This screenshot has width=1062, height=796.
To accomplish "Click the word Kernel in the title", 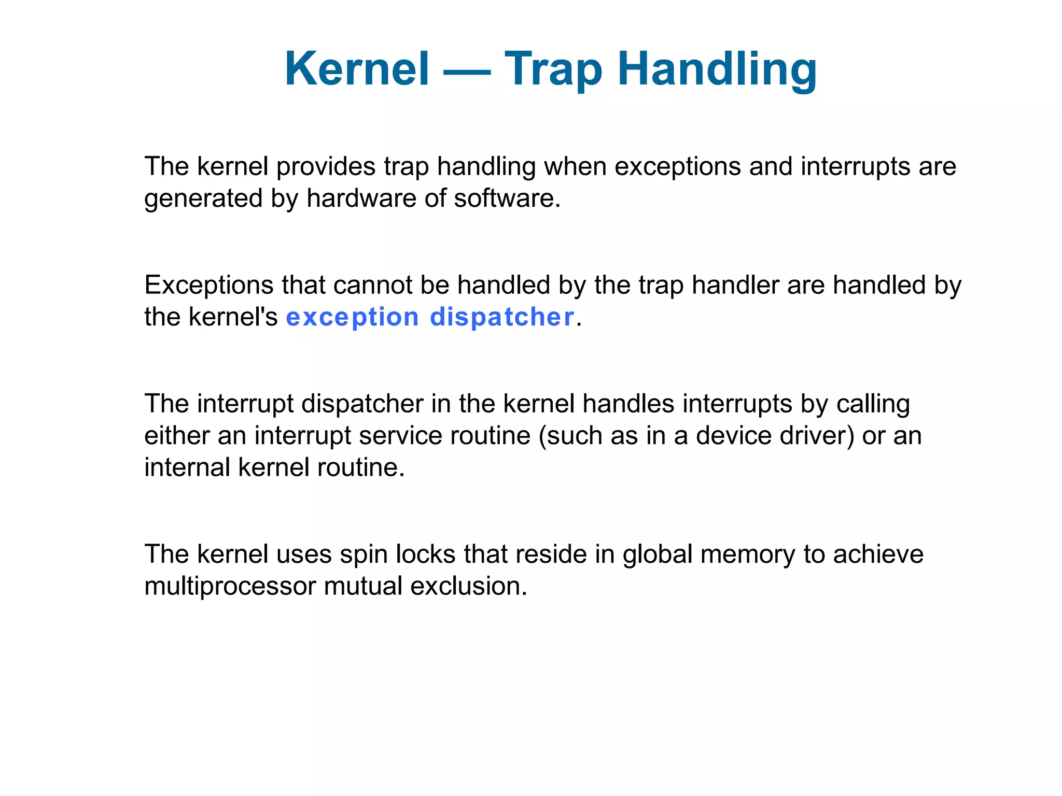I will [357, 69].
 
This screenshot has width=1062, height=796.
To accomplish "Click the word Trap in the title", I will [553, 69].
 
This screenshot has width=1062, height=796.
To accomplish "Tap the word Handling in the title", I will [717, 69].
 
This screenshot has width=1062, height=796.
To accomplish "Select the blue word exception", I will [352, 317].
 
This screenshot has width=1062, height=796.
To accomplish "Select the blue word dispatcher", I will [502, 317].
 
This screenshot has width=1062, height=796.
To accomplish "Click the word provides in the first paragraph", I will [326, 167].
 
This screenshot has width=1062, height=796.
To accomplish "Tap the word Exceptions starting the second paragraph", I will [209, 285].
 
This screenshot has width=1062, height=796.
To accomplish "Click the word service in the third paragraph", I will [400, 435].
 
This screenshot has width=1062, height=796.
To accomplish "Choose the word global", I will [658, 555].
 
